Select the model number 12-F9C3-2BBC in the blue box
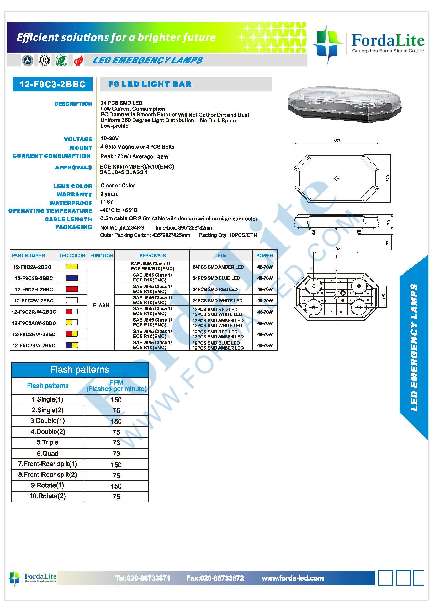pyautogui.click(x=52, y=84)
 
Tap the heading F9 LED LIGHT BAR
pyautogui.click(x=150, y=84)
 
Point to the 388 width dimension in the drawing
pyautogui.click(x=336, y=141)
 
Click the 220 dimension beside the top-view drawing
pyautogui.click(x=388, y=178)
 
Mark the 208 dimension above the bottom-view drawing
pyautogui.click(x=336, y=248)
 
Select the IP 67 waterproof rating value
pyautogui.click(x=107, y=202)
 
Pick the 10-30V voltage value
pyautogui.click(x=110, y=138)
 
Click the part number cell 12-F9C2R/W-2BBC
pyautogui.click(x=34, y=312)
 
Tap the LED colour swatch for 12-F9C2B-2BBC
pyautogui.click(x=72, y=278)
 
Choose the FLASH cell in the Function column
pyautogui.click(x=101, y=305)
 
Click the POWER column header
pyautogui.click(x=264, y=256)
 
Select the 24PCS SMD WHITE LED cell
pyautogui.click(x=218, y=301)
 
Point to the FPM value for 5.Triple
pyautogui.click(x=116, y=443)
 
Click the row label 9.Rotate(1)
pyautogui.click(x=47, y=485)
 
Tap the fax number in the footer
pyautogui.click(x=215, y=578)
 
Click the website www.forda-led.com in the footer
pyautogui.click(x=293, y=578)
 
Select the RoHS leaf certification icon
pyautogui.click(x=61, y=60)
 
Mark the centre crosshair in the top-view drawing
pyautogui.click(x=336, y=178)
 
